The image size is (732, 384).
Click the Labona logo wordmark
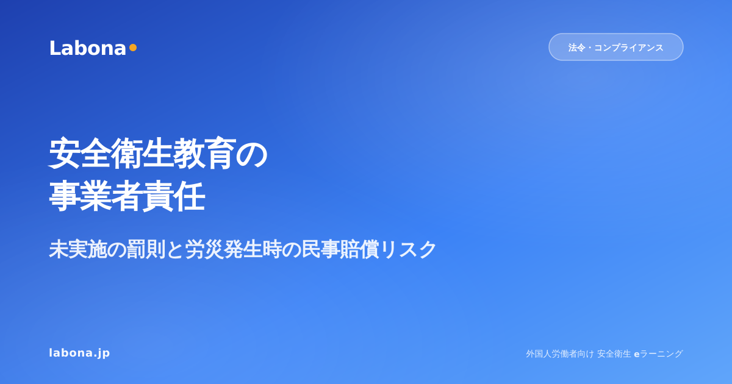click(88, 48)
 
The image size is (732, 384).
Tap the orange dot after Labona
click(133, 48)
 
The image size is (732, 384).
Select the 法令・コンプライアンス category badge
click(615, 47)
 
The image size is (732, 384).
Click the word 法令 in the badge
click(576, 48)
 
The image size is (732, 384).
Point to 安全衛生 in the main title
click(111, 154)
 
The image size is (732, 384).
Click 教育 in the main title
click(204, 154)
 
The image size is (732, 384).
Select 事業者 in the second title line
click(96, 196)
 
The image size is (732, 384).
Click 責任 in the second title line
click(174, 196)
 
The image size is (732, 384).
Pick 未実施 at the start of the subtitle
click(78, 249)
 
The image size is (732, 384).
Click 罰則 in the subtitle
click(146, 249)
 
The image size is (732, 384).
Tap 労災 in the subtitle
click(204, 249)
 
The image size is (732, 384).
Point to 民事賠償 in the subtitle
click(340, 249)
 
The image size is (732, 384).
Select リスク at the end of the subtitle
click(408, 249)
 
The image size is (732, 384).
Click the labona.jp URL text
click(79, 353)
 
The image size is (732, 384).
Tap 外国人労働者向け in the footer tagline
click(560, 354)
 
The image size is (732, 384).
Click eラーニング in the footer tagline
click(658, 354)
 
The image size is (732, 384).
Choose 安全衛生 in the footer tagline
click(614, 354)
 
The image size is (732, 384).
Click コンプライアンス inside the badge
click(628, 48)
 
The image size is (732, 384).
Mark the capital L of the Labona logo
click(54, 48)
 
